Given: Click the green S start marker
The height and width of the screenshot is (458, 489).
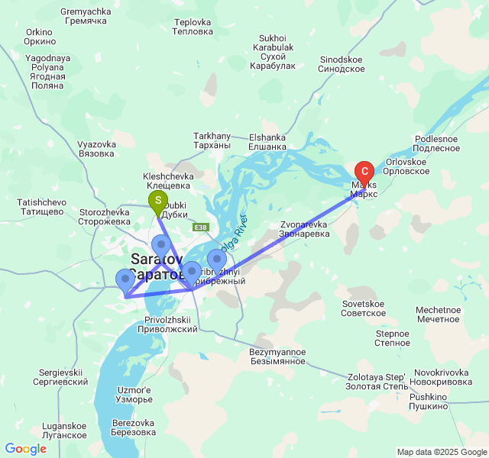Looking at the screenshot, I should [157, 203].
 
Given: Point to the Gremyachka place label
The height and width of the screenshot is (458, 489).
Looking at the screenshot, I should [85, 16].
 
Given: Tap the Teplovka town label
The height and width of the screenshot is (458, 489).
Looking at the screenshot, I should [192, 27].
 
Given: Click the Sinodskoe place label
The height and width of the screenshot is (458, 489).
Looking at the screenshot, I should [342, 63].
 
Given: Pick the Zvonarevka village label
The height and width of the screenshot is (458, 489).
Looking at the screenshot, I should [303, 229].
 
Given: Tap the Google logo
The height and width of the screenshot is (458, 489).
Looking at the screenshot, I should [26, 449].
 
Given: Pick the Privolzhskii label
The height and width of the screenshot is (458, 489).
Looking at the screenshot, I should [167, 324].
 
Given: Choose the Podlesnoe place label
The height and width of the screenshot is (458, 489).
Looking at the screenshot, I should [437, 144].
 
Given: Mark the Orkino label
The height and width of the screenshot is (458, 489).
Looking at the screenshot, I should [38, 36].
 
